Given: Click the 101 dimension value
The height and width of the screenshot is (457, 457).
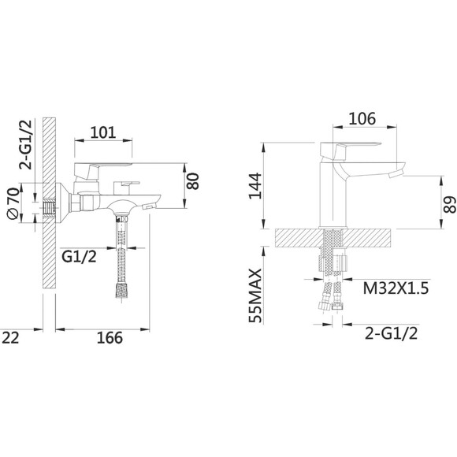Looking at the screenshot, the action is coord(103,132).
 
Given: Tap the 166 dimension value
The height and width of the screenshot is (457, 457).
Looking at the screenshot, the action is coord(110,338).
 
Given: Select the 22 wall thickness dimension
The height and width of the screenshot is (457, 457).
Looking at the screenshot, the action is coord(10,338).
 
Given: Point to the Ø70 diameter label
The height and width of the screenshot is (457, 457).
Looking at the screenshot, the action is coord(13,203).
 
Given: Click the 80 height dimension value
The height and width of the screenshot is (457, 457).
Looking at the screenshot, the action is coord(193,181).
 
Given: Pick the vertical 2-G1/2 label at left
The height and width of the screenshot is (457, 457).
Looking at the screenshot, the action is coord(26,144).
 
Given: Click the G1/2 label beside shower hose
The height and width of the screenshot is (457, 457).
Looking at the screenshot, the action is coord(79,257).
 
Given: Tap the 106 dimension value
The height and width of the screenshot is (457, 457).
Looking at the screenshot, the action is coord(362,119).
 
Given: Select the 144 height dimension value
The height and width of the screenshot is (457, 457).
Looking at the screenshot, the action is coord(255,186).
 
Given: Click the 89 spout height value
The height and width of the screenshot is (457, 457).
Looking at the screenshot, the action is coord(450,205).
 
